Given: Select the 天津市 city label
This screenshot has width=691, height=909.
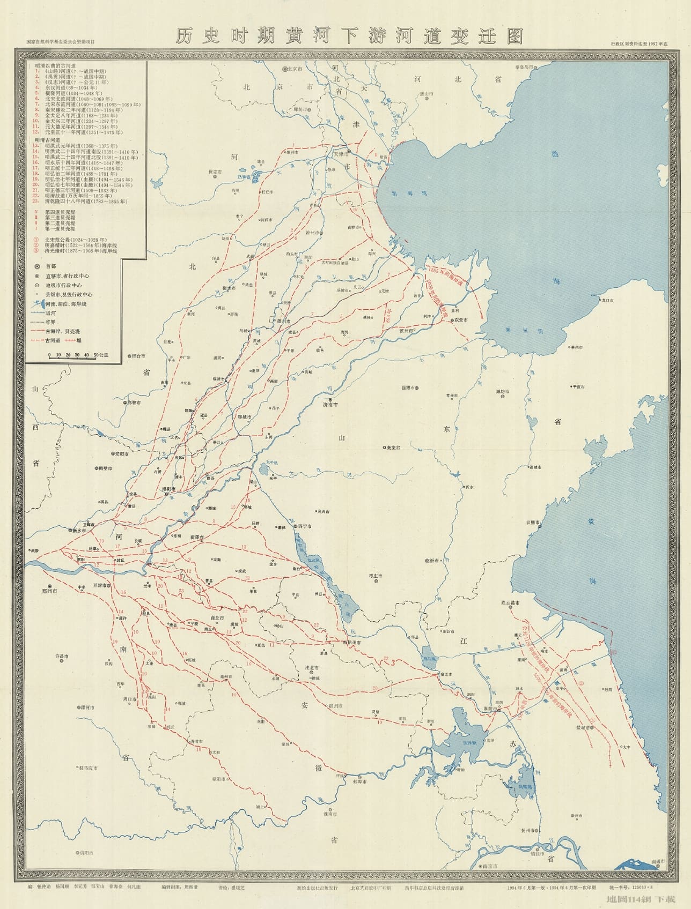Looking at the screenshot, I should [x=341, y=154].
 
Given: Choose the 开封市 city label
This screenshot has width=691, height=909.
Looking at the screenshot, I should [x=101, y=585].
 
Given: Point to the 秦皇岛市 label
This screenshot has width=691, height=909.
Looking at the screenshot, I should [x=523, y=68].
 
